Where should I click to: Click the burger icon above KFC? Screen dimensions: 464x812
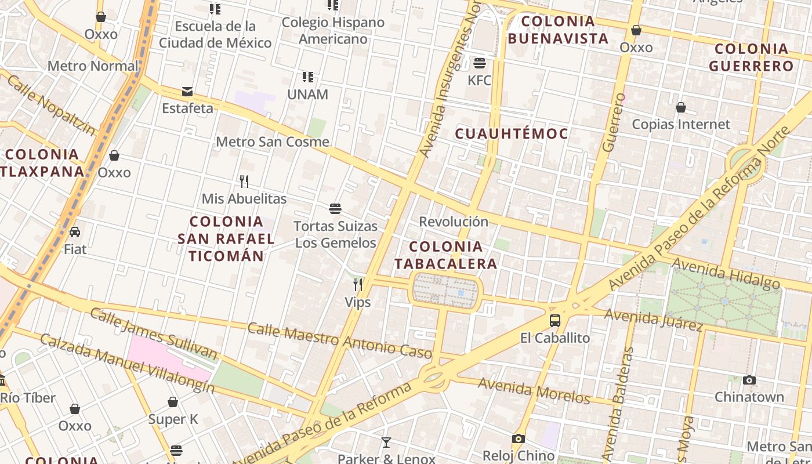480,63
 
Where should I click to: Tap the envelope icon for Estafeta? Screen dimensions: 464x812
187,91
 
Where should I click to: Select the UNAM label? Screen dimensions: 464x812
307,95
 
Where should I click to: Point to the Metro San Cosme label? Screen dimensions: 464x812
273,142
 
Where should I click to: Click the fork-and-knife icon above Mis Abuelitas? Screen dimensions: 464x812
244,182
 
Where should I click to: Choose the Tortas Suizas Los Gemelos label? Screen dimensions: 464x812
336,234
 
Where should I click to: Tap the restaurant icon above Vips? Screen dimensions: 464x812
358,284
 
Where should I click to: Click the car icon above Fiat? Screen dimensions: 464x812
75,232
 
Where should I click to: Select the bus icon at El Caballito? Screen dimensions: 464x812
555,320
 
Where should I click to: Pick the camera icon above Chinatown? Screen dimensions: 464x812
749,380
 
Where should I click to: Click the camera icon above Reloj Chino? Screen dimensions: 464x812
519,439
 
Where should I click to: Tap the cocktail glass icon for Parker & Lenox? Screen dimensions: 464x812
386,443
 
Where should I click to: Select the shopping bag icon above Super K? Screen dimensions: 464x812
173,402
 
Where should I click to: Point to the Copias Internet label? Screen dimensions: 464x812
681,124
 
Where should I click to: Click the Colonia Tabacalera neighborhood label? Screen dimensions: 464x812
446,255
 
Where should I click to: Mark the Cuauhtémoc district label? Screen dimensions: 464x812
511,134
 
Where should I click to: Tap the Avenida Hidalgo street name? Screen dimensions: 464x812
726,274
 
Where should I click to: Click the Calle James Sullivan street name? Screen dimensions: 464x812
153,333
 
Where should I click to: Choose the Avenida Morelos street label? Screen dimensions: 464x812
534,391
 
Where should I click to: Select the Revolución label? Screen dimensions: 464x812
454,222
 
